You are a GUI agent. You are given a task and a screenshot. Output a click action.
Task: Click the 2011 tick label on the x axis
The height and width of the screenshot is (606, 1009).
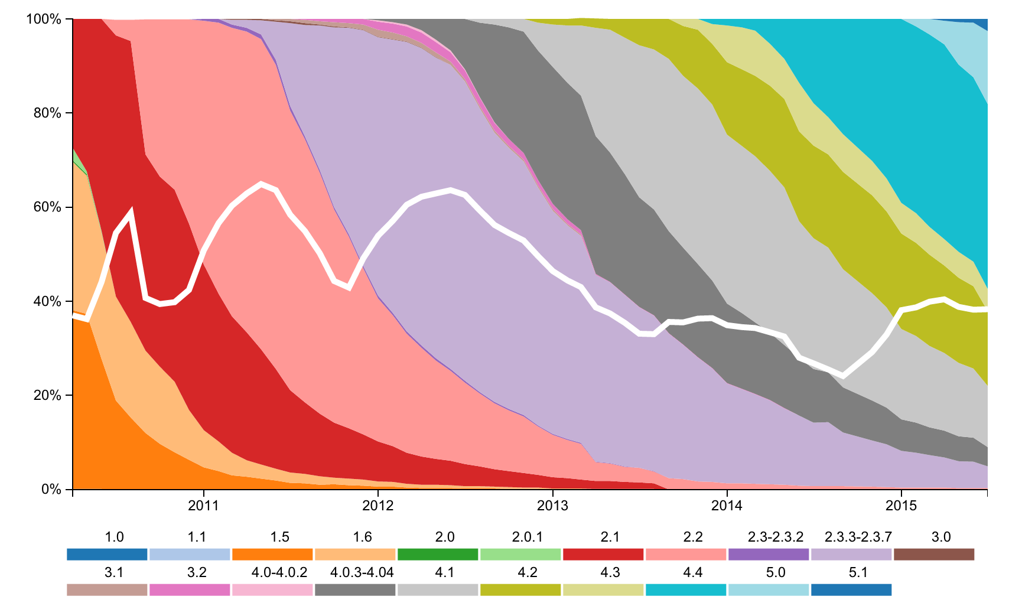pyautogui.click(x=203, y=506)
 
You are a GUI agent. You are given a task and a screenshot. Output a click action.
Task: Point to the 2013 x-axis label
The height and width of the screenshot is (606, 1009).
pyautogui.click(x=552, y=506)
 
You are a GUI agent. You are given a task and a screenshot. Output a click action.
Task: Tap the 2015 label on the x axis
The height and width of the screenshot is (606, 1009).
pyautogui.click(x=901, y=506)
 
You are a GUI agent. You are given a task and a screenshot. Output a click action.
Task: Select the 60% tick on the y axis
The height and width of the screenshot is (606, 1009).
pyautogui.click(x=47, y=207)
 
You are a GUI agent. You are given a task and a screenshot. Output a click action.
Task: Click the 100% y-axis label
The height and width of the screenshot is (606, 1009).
pyautogui.click(x=44, y=19)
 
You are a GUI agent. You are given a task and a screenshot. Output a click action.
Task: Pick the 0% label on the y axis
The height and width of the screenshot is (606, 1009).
pyautogui.click(x=51, y=490)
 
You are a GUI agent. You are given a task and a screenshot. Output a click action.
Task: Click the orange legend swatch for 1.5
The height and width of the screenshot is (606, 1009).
pyautogui.click(x=272, y=555)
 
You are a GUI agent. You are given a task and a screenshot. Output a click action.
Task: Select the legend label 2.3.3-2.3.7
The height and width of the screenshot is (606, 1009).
pyautogui.click(x=858, y=537)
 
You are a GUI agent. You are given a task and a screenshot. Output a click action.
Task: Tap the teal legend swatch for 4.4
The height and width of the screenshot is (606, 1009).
pyautogui.click(x=685, y=590)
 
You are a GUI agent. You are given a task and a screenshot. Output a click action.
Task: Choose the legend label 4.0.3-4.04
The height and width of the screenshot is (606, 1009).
pyautogui.click(x=362, y=573)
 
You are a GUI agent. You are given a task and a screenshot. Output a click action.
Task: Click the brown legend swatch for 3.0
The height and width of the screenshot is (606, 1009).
pyautogui.click(x=933, y=555)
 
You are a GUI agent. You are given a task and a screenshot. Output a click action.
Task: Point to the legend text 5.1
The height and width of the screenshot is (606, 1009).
pyautogui.click(x=858, y=573)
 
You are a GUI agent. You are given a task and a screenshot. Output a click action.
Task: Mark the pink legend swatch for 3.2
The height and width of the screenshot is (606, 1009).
pyautogui.click(x=190, y=590)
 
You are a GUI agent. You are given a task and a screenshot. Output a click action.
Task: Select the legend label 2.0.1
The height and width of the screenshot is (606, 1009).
pyautogui.click(x=527, y=537)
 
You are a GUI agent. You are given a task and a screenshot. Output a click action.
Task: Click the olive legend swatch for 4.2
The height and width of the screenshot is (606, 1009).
pyautogui.click(x=520, y=590)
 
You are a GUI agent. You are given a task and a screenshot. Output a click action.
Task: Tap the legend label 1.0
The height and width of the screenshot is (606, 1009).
pyautogui.click(x=114, y=537)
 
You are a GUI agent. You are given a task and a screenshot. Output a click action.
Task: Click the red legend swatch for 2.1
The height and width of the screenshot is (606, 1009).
pyautogui.click(x=603, y=555)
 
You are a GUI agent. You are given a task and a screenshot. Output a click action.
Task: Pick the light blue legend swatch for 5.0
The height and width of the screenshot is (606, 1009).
pyautogui.click(x=768, y=590)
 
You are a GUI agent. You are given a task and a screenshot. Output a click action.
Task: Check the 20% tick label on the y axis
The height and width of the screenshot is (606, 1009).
pyautogui.click(x=47, y=396)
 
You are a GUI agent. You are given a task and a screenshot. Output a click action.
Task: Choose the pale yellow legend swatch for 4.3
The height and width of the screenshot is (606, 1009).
pyautogui.click(x=603, y=590)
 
